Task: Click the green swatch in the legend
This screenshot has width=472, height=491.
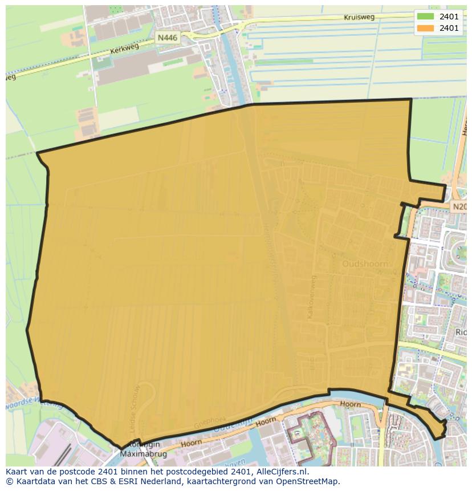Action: (x=425, y=17)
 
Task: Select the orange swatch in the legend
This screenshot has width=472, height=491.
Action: (x=425, y=28)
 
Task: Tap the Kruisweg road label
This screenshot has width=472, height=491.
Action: (x=359, y=18)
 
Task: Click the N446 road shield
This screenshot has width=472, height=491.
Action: (x=168, y=38)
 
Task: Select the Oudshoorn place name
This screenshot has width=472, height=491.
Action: (x=365, y=264)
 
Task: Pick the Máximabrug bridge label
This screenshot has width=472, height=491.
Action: (x=140, y=454)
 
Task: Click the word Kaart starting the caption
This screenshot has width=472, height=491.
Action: (x=17, y=472)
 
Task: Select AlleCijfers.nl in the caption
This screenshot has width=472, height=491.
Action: (x=282, y=472)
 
